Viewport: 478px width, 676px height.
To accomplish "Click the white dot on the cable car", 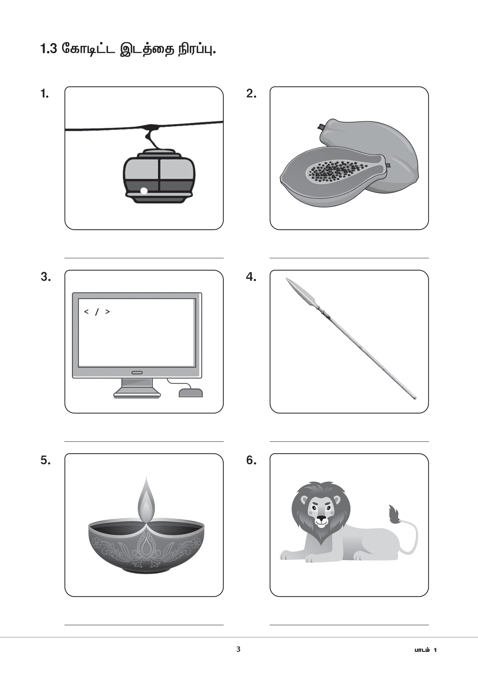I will pos(144,191).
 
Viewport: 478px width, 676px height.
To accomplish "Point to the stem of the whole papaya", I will pos(320,127).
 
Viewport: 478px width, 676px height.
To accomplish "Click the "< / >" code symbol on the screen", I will pos(97,312).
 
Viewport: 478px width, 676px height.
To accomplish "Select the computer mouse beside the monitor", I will pos(191,393).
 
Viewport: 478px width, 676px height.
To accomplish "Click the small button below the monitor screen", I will pos(137,373).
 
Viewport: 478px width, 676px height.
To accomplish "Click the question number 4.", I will pos(251,277).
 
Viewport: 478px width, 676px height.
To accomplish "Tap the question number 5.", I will pos(46,460).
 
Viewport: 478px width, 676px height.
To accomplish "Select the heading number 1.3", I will pos(49,49).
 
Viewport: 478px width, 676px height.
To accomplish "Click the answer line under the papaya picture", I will pos(349,258).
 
